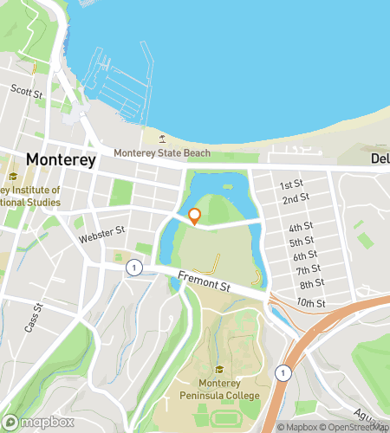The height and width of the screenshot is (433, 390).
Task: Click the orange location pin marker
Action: click(x=195, y=216)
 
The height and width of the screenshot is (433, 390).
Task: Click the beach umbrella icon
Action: click(x=161, y=138)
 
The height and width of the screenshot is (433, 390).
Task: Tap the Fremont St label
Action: click(x=205, y=281)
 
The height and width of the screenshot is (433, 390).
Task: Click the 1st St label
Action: click(x=290, y=185)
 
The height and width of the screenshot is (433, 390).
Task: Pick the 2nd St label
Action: click(x=296, y=199)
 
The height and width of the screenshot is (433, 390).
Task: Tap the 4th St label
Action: click(x=301, y=228)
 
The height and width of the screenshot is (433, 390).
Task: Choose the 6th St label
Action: click(x=305, y=255)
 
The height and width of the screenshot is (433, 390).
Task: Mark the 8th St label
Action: click(x=311, y=284)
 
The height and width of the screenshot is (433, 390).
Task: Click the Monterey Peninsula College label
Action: click(x=218, y=389)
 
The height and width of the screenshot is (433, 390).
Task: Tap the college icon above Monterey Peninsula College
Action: click(x=218, y=369)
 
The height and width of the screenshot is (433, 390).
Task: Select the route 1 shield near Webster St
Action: click(x=133, y=268)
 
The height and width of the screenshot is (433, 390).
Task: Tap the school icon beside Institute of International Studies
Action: click(x=13, y=177)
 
